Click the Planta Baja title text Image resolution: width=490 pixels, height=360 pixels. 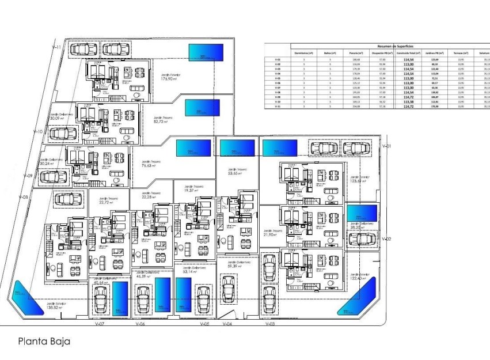click(x=44, y=341)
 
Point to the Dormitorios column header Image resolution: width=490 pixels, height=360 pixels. click(x=303, y=52)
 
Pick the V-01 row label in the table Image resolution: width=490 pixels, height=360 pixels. click(x=277, y=60)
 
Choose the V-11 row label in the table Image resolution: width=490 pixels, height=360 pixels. click(x=277, y=107)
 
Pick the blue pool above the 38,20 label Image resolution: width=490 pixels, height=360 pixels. click(x=360, y=213)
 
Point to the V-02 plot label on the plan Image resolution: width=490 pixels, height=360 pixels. click(x=386, y=239)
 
